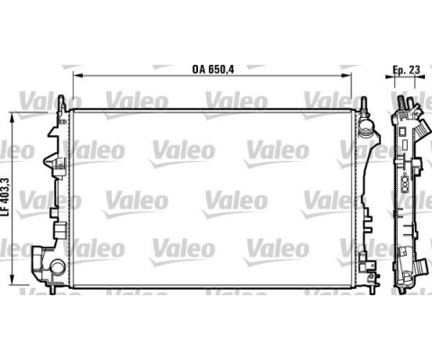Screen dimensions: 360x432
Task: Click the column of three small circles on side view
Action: (404, 190)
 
